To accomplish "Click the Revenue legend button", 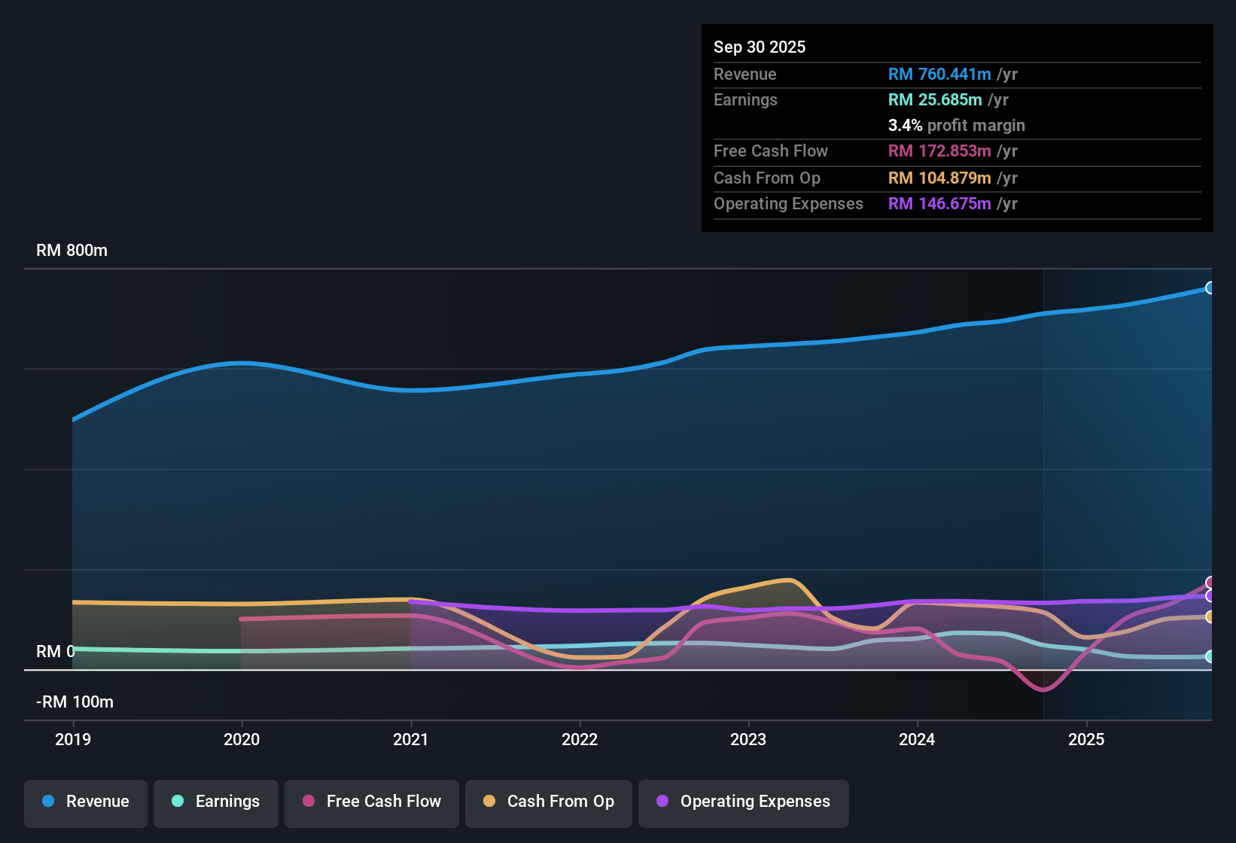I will point(86,802).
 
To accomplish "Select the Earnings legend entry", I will point(216,802).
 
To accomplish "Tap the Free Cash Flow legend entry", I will point(372,802).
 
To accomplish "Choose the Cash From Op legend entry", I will point(549,802).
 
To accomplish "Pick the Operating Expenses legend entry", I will point(744,802).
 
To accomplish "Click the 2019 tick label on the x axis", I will point(73,739).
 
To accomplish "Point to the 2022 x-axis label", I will point(580,739).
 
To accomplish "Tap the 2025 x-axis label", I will point(1086,739).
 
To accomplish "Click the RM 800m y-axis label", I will point(72,251).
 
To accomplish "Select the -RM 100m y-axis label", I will point(75,702).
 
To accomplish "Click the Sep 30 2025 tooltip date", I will point(760,47).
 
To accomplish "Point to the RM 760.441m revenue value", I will point(939,75).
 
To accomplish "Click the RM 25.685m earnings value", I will point(935,100).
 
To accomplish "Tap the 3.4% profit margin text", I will point(956,126).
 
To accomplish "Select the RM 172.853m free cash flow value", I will point(939,151).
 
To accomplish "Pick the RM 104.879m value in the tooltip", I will point(939,178).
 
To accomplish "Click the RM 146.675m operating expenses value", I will point(939,204).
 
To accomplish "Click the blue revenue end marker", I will point(1210,288).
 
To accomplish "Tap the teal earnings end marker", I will point(1210,656).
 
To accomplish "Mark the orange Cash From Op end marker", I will point(1210,617).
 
